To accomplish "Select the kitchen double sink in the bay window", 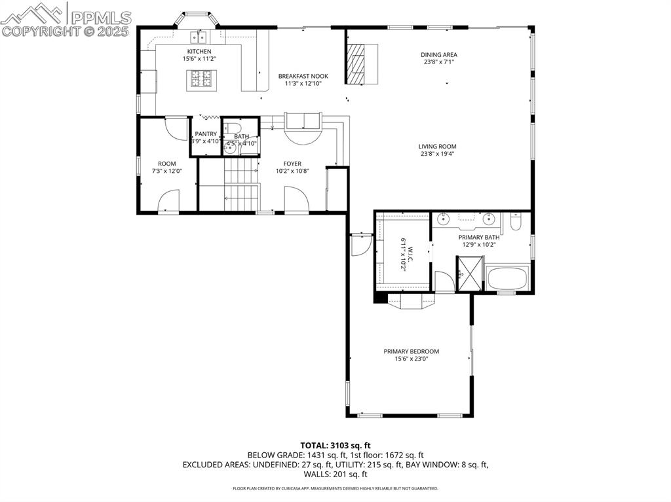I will (198, 36).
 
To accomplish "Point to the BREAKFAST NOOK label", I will (303, 76).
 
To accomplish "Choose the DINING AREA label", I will (439, 55).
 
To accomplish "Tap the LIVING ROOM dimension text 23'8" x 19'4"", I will (438, 154).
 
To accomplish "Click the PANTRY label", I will (205, 134).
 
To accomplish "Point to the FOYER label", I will (292, 164).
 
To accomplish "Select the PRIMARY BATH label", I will (478, 238).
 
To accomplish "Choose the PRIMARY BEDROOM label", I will (411, 351).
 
